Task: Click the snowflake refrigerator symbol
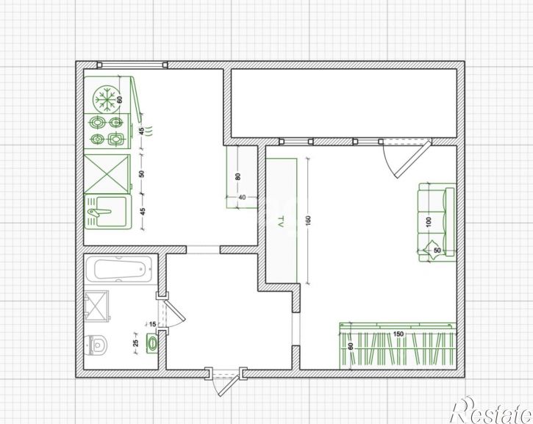coord(107,99)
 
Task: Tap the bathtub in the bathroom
coord(118,269)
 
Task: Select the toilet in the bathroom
coord(96,345)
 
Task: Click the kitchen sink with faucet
coord(107,211)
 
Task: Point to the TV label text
coord(281,221)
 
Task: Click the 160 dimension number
coord(308,221)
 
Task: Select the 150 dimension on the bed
coord(398,334)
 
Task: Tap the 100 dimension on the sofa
coord(429,223)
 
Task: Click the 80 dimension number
coord(238,176)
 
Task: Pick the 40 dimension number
coord(242,198)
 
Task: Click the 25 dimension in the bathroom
coord(135,343)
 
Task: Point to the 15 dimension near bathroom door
coord(153,324)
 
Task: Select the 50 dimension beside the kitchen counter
coord(142,174)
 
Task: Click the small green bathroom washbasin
coord(152,343)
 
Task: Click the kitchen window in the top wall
coord(132,65)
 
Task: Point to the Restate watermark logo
coord(491,411)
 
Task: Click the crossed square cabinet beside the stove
coord(107,174)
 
